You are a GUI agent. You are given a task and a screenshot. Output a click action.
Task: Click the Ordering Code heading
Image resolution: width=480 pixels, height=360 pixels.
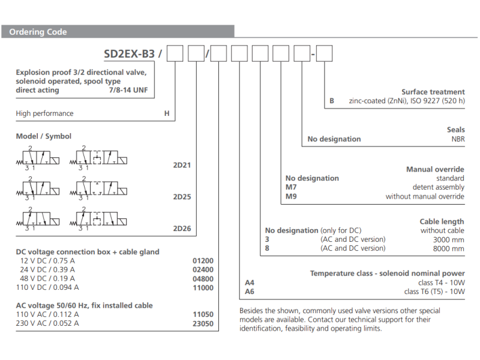point(38,32)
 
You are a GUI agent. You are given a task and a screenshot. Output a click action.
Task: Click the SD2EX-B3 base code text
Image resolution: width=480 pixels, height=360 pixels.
point(129,54)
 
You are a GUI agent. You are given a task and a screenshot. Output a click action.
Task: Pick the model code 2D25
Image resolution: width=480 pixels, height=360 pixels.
point(182,197)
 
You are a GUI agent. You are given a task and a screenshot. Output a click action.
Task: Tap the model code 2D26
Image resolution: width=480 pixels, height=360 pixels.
point(182,229)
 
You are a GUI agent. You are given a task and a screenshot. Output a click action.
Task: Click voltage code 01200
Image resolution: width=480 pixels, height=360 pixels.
point(203,261)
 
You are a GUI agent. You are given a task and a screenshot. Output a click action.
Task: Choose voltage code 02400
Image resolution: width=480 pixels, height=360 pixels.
point(203,269)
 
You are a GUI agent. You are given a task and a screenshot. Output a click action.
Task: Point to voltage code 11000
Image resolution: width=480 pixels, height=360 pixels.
point(203,287)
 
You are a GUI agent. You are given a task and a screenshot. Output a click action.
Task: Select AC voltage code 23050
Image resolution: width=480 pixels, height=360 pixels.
point(203,323)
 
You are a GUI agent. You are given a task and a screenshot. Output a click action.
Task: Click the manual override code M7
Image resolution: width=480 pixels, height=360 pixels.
point(291,187)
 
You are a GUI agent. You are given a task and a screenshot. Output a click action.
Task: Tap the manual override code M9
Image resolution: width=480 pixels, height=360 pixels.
point(291,196)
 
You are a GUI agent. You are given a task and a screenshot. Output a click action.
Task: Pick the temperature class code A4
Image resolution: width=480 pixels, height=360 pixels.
point(250,283)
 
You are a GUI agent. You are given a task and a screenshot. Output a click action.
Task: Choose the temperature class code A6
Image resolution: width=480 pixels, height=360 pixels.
point(250,292)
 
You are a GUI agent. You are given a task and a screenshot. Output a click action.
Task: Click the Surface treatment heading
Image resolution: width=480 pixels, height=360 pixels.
point(433,92)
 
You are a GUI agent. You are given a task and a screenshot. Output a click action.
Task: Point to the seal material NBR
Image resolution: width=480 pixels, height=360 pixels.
point(458,139)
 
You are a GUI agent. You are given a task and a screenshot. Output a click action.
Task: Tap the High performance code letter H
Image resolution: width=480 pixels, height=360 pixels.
point(167,113)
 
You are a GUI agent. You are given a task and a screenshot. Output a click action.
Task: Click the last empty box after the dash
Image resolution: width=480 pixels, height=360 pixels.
point(324,54)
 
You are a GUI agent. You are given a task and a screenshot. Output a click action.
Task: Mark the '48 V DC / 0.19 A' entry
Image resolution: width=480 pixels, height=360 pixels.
point(47,278)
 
